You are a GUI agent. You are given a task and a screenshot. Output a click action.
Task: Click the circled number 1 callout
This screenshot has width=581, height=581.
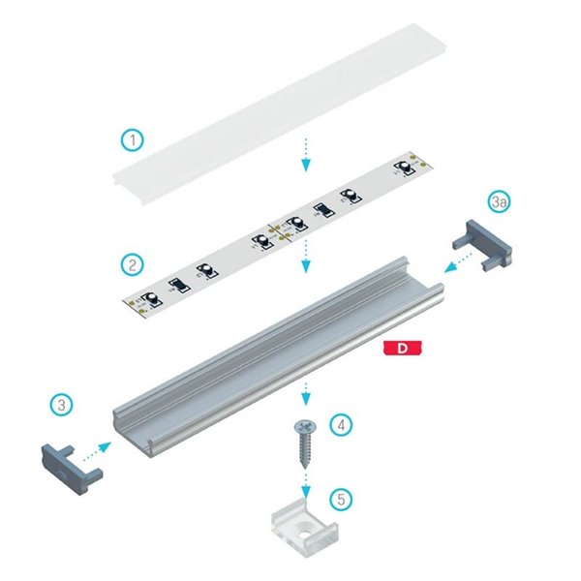coord(133,139)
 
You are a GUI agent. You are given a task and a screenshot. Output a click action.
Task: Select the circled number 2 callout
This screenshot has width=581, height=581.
coord(133,262)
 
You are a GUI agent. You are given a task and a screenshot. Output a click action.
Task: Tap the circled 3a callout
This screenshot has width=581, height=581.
coord(500,202)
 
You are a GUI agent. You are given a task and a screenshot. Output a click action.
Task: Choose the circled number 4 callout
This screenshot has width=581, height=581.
coord(340,423)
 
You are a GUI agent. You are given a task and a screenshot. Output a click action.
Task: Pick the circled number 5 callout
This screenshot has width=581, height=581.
coord(340,500)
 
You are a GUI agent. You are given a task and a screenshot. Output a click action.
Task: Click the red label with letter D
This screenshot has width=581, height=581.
coord(401,347)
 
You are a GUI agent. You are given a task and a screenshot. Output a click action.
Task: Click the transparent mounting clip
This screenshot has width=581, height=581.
coord(308,525)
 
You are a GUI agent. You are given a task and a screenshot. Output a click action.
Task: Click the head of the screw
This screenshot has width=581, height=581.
coord(307,427)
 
